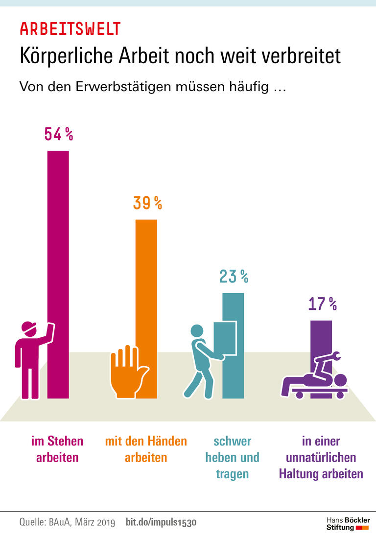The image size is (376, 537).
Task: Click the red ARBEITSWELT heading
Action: [70, 29]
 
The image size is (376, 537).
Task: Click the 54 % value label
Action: [58, 134]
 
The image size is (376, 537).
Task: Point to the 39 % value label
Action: [147, 203]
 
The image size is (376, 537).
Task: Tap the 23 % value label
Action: [234, 277]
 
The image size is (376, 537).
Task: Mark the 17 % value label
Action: [322, 304]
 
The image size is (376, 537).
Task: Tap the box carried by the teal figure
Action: [225, 338]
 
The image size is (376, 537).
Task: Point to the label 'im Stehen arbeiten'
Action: [57, 449]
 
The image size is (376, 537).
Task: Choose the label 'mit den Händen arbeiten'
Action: [146, 449]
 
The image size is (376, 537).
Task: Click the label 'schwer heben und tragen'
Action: [232, 458]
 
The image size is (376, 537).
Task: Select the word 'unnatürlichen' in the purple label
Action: [321, 458]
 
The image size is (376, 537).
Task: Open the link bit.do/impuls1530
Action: [161, 522]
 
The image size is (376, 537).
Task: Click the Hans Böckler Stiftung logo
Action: [348, 523]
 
